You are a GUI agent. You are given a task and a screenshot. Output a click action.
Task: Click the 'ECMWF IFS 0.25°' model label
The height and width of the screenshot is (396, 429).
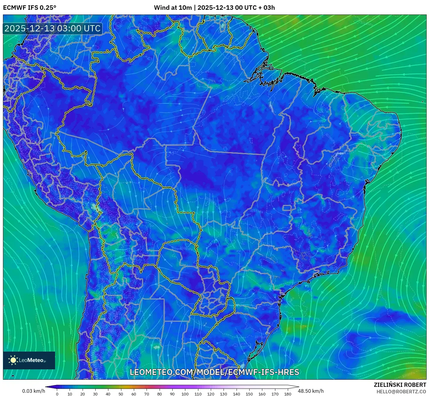tap(30, 8)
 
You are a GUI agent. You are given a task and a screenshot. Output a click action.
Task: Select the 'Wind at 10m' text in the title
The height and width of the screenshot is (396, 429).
tap(173, 8)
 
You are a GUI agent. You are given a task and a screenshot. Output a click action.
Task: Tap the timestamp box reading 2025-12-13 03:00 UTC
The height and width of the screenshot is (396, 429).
tap(53, 28)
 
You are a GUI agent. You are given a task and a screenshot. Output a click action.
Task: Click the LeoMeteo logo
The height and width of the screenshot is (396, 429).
tap(29, 360)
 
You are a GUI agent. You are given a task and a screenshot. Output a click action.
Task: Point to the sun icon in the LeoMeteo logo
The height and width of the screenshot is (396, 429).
tap(13, 360)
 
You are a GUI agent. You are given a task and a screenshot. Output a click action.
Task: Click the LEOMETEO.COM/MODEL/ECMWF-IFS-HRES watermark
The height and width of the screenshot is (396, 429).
tap(214, 372)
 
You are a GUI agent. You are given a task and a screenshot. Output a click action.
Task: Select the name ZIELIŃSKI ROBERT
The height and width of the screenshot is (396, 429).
tap(400, 385)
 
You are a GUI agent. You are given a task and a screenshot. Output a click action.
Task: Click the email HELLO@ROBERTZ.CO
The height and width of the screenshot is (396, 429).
tap(401, 392)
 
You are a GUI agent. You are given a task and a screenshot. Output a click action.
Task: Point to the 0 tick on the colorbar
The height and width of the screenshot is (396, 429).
tap(57, 394)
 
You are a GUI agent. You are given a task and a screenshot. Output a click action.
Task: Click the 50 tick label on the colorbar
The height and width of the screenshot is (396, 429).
tap(121, 394)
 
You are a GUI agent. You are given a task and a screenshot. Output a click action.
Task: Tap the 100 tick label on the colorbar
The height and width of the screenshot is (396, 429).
tap(185, 394)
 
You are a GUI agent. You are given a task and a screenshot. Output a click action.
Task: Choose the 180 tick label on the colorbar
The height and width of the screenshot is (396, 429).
tap(287, 394)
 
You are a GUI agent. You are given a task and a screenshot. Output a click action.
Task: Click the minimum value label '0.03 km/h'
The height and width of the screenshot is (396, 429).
tap(33, 391)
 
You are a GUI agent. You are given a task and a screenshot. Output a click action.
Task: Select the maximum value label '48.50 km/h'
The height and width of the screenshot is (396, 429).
tap(311, 391)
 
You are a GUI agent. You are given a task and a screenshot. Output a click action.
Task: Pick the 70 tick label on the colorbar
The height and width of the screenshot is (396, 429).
tap(147, 394)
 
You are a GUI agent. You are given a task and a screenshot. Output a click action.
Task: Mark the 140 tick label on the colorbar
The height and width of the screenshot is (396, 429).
tap(236, 394)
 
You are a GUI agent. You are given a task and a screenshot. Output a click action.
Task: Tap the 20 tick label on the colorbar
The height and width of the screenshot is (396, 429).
tap(83, 394)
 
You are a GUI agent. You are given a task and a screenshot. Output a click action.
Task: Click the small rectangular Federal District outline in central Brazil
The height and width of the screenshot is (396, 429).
tap(287, 208)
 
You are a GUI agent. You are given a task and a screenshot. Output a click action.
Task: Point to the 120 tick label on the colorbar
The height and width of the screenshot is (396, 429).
tap(211, 394)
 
